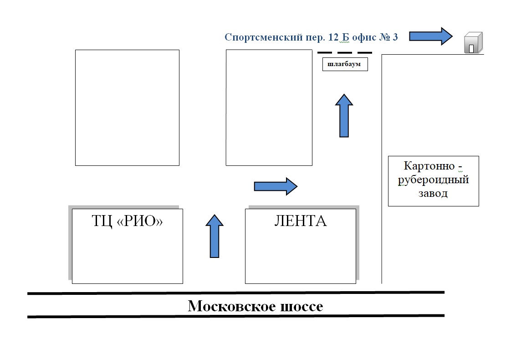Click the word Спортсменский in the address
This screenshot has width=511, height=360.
coord(264,37)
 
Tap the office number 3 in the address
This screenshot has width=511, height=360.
coord(395,37)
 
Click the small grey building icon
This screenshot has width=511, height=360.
coord(473,42)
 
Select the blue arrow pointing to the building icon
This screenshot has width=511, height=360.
coord(431,36)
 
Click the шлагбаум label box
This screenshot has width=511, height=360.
coord(345,64)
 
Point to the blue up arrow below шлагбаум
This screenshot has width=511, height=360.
coord(344,116)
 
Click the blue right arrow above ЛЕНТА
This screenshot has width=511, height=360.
coord(276,186)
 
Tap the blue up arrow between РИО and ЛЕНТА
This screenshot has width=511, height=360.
coord(215,236)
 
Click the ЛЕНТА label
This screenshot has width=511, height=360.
coord(300,221)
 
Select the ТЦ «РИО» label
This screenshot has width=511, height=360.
coord(127,221)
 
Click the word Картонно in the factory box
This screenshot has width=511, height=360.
coord(429,166)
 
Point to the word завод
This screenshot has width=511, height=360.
coord(433,193)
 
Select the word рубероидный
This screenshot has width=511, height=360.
coord(433,180)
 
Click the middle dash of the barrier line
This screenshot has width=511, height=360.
coord(345,52)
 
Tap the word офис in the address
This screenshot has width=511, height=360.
coord(364,37)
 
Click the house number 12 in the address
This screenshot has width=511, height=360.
coord(333,37)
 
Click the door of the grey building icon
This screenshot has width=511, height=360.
coord(471,49)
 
